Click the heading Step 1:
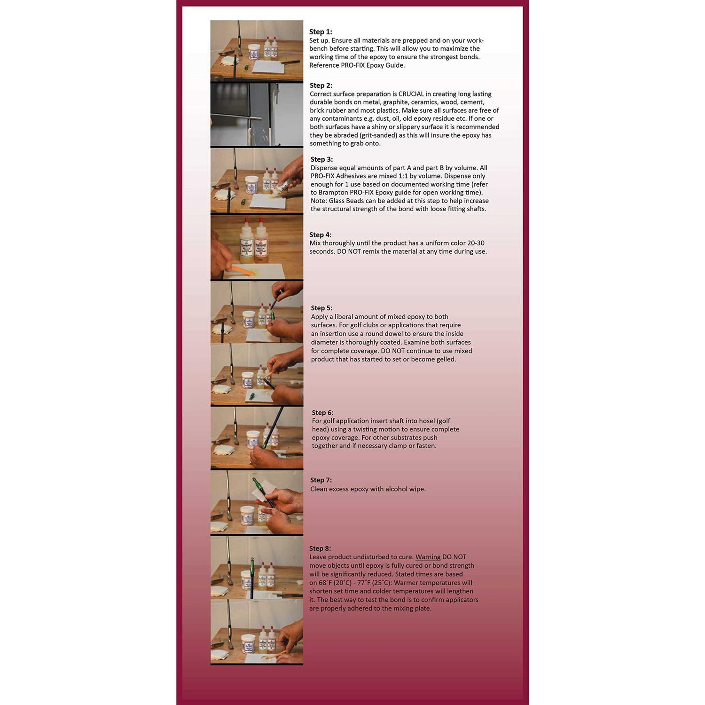pos(321,32)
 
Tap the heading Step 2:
pos(321,86)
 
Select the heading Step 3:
pos(321,159)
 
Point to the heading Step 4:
pos(321,235)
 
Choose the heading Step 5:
pos(321,308)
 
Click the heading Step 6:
pos(322,413)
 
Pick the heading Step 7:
pos(321,480)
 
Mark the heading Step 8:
pos(320,548)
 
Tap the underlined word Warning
pos(428,557)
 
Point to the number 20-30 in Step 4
pos(476,243)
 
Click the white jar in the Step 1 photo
pos(254,52)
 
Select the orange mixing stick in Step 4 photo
pos(242,270)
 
